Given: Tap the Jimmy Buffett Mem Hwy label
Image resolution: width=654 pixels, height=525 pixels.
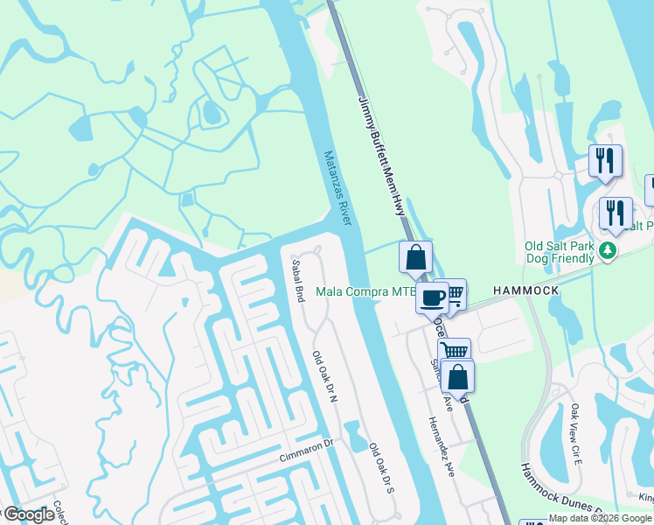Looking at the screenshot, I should coord(382,157).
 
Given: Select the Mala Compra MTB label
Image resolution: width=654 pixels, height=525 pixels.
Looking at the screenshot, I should coord(365,291).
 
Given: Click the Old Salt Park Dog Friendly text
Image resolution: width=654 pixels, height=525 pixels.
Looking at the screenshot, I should coord(560,252).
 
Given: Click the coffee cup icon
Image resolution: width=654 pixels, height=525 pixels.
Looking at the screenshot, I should coord(432,297).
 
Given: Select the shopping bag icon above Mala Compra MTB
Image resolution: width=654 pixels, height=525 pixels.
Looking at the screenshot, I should coord(415,257).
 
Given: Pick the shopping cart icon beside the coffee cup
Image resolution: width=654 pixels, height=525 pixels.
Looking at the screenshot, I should coord(454,293).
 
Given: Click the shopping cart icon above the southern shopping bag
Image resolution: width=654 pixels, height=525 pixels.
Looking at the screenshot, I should coord(454,352).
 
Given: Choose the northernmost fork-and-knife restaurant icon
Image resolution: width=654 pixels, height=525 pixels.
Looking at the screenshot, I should coord(604,161).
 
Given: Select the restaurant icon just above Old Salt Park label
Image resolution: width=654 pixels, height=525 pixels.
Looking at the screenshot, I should coord(616,213).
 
